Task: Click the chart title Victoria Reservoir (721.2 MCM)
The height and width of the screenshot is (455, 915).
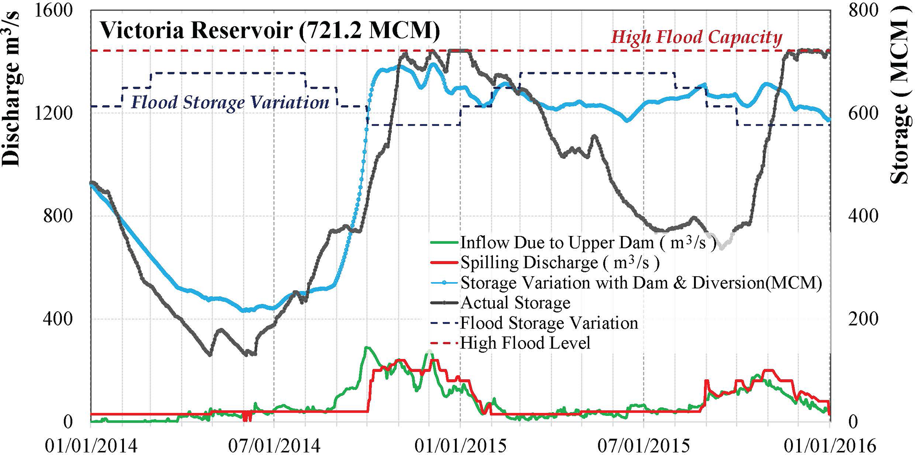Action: (x=270, y=30)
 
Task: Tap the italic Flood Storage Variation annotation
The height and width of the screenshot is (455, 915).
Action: (x=230, y=102)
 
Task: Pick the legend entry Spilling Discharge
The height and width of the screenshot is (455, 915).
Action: (x=560, y=263)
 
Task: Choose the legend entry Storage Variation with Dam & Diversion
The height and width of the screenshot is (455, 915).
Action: (x=641, y=282)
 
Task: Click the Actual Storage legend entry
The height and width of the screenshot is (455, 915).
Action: (x=516, y=302)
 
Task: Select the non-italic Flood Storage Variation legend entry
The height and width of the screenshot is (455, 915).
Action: (x=549, y=323)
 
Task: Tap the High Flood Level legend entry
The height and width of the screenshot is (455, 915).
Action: (x=525, y=343)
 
